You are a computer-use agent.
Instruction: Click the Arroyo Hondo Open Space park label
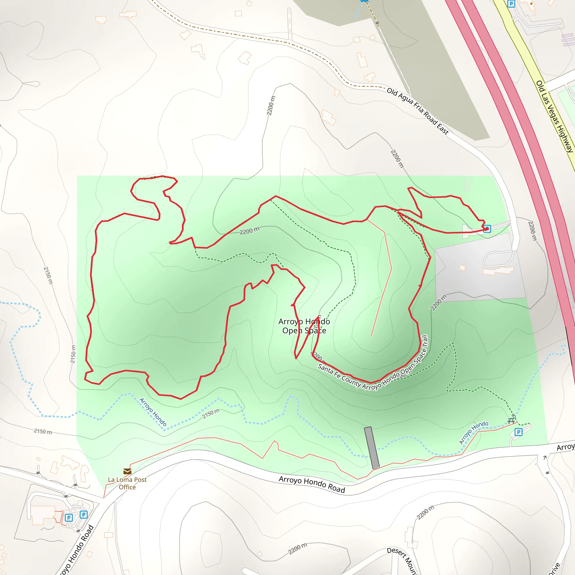[304, 326]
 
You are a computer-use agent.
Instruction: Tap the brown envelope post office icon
[127, 471]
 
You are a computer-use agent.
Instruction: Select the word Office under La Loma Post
[127, 487]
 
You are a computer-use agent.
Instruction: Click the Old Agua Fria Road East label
[417, 111]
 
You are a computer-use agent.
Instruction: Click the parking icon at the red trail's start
[487, 229]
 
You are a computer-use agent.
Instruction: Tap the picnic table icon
[511, 421]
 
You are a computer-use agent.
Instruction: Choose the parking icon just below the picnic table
[519, 432]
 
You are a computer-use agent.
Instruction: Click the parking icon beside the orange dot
[511, 4]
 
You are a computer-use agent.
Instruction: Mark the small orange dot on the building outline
[531, 4]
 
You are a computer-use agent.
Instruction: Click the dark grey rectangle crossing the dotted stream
[372, 448]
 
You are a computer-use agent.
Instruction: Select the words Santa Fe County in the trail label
[339, 376]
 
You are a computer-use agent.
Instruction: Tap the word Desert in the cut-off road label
[396, 552]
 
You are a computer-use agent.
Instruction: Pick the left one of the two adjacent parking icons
[69, 517]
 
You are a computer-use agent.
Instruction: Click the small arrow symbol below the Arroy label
[545, 457]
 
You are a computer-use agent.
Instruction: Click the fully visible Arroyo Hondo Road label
[312, 485]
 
